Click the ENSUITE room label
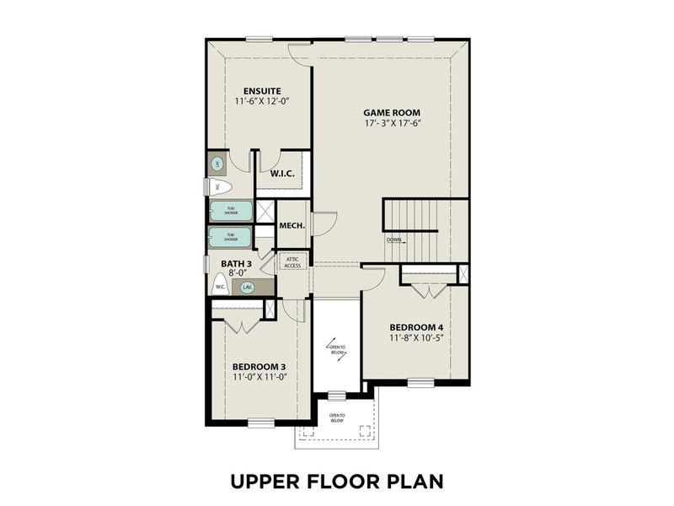[261, 90]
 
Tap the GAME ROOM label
[392, 112]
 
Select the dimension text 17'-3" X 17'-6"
[392, 123]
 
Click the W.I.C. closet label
[281, 173]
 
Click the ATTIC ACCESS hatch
[292, 261]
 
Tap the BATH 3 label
[236, 264]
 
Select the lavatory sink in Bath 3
[247, 287]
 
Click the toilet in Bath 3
[219, 285]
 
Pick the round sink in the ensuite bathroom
[217, 164]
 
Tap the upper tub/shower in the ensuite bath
[230, 211]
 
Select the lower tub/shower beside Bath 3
[230, 237]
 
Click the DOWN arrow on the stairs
[394, 240]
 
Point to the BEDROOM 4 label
[416, 327]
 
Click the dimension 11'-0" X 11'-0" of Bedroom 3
[260, 377]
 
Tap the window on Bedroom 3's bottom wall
[261, 423]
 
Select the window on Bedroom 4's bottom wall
[420, 382]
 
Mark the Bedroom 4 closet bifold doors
[431, 291]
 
